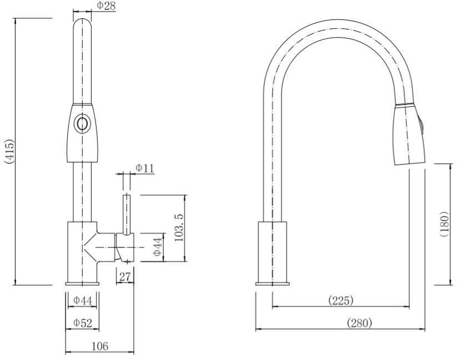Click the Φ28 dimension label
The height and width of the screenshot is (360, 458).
tap(106, 6)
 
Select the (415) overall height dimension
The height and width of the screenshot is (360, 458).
tap(9, 151)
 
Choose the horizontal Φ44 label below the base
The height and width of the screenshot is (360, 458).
tap(82, 300)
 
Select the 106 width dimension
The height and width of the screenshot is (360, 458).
tap(99, 346)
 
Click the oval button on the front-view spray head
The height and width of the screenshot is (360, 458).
tap(82, 124)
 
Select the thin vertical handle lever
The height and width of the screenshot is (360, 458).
tap(127, 213)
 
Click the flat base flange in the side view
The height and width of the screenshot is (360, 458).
tap(272, 284)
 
